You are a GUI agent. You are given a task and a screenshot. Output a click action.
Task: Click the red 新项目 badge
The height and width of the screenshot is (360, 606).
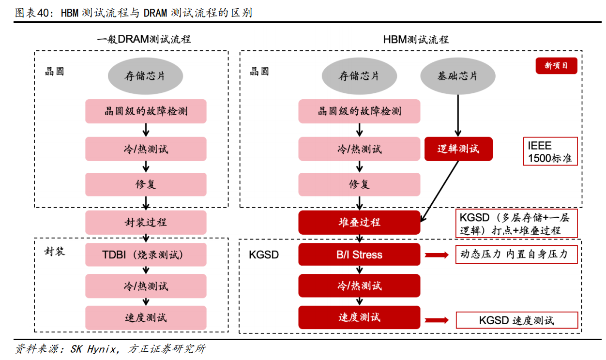pyautogui.click(x=556, y=66)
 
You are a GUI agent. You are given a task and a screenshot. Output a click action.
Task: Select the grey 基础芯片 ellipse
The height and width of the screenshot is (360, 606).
pyautogui.click(x=458, y=76)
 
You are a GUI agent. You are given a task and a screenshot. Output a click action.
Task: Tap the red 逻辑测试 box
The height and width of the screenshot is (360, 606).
pyautogui.click(x=458, y=149)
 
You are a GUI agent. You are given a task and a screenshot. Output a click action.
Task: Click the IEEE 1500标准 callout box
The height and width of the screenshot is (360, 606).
pyautogui.click(x=550, y=151)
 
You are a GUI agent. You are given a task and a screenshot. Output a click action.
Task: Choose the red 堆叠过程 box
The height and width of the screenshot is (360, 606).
pyautogui.click(x=359, y=222)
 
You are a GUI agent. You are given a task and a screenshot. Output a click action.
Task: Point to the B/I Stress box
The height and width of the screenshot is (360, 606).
pyautogui.click(x=359, y=255)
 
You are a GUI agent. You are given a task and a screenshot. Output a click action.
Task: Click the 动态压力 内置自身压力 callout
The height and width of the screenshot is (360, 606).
pyautogui.click(x=516, y=254)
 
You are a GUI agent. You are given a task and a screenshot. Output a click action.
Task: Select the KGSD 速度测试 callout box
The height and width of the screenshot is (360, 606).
pyautogui.click(x=517, y=320)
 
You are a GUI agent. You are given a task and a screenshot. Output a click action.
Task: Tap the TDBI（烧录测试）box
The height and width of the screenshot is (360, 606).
pyautogui.click(x=146, y=255)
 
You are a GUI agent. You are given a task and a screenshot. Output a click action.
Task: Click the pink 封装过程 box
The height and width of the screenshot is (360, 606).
pyautogui.click(x=146, y=222)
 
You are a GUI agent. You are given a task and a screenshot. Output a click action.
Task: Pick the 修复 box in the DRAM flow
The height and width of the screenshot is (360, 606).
pyautogui.click(x=146, y=184)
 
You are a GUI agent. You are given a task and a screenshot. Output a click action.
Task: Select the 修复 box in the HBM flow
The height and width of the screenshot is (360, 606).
pyautogui.click(x=359, y=184)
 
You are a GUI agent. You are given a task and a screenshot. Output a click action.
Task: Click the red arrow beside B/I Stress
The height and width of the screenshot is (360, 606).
pyautogui.click(x=437, y=255)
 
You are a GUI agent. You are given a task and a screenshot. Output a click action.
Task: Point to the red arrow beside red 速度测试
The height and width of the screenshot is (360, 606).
pyautogui.click(x=437, y=320)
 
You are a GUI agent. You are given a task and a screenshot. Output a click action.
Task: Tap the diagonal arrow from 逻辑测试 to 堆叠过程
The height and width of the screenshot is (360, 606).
pyautogui.click(x=439, y=192)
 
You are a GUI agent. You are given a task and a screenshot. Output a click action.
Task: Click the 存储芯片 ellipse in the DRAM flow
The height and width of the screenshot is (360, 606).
pyautogui.click(x=145, y=76)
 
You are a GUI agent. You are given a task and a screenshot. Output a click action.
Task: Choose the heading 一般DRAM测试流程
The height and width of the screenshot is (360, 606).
pyautogui.click(x=144, y=40)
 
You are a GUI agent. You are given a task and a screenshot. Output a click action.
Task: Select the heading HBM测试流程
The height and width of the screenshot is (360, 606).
pyautogui.click(x=416, y=40)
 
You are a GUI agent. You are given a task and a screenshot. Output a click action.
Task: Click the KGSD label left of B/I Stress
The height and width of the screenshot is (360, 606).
pyautogui.click(x=264, y=255)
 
